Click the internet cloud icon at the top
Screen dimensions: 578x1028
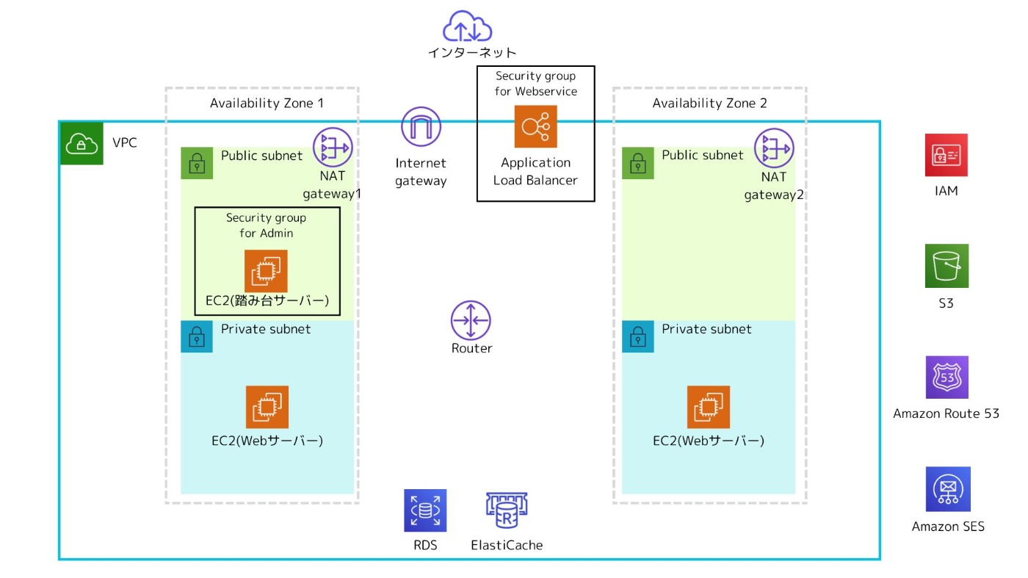466,26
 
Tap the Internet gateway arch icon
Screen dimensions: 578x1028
421,126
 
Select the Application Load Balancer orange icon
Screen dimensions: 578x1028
535,126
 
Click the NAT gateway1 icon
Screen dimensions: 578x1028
333,147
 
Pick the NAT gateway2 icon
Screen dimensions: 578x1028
775,147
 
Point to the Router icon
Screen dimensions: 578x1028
471,319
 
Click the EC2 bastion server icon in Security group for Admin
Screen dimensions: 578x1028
266,271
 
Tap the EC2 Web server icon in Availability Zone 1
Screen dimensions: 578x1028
267,406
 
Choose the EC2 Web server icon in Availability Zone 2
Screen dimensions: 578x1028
709,406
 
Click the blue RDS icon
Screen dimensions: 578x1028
425,510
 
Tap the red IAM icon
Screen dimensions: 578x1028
946,155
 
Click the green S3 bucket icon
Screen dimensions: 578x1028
946,266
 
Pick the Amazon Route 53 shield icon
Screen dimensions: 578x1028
946,377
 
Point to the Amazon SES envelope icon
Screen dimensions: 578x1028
948,489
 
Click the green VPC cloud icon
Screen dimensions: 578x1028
82,142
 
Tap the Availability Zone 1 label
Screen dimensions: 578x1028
267,104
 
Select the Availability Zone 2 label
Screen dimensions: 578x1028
709,104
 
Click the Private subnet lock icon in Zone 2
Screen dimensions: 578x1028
638,336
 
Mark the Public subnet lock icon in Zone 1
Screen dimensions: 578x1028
197,163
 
